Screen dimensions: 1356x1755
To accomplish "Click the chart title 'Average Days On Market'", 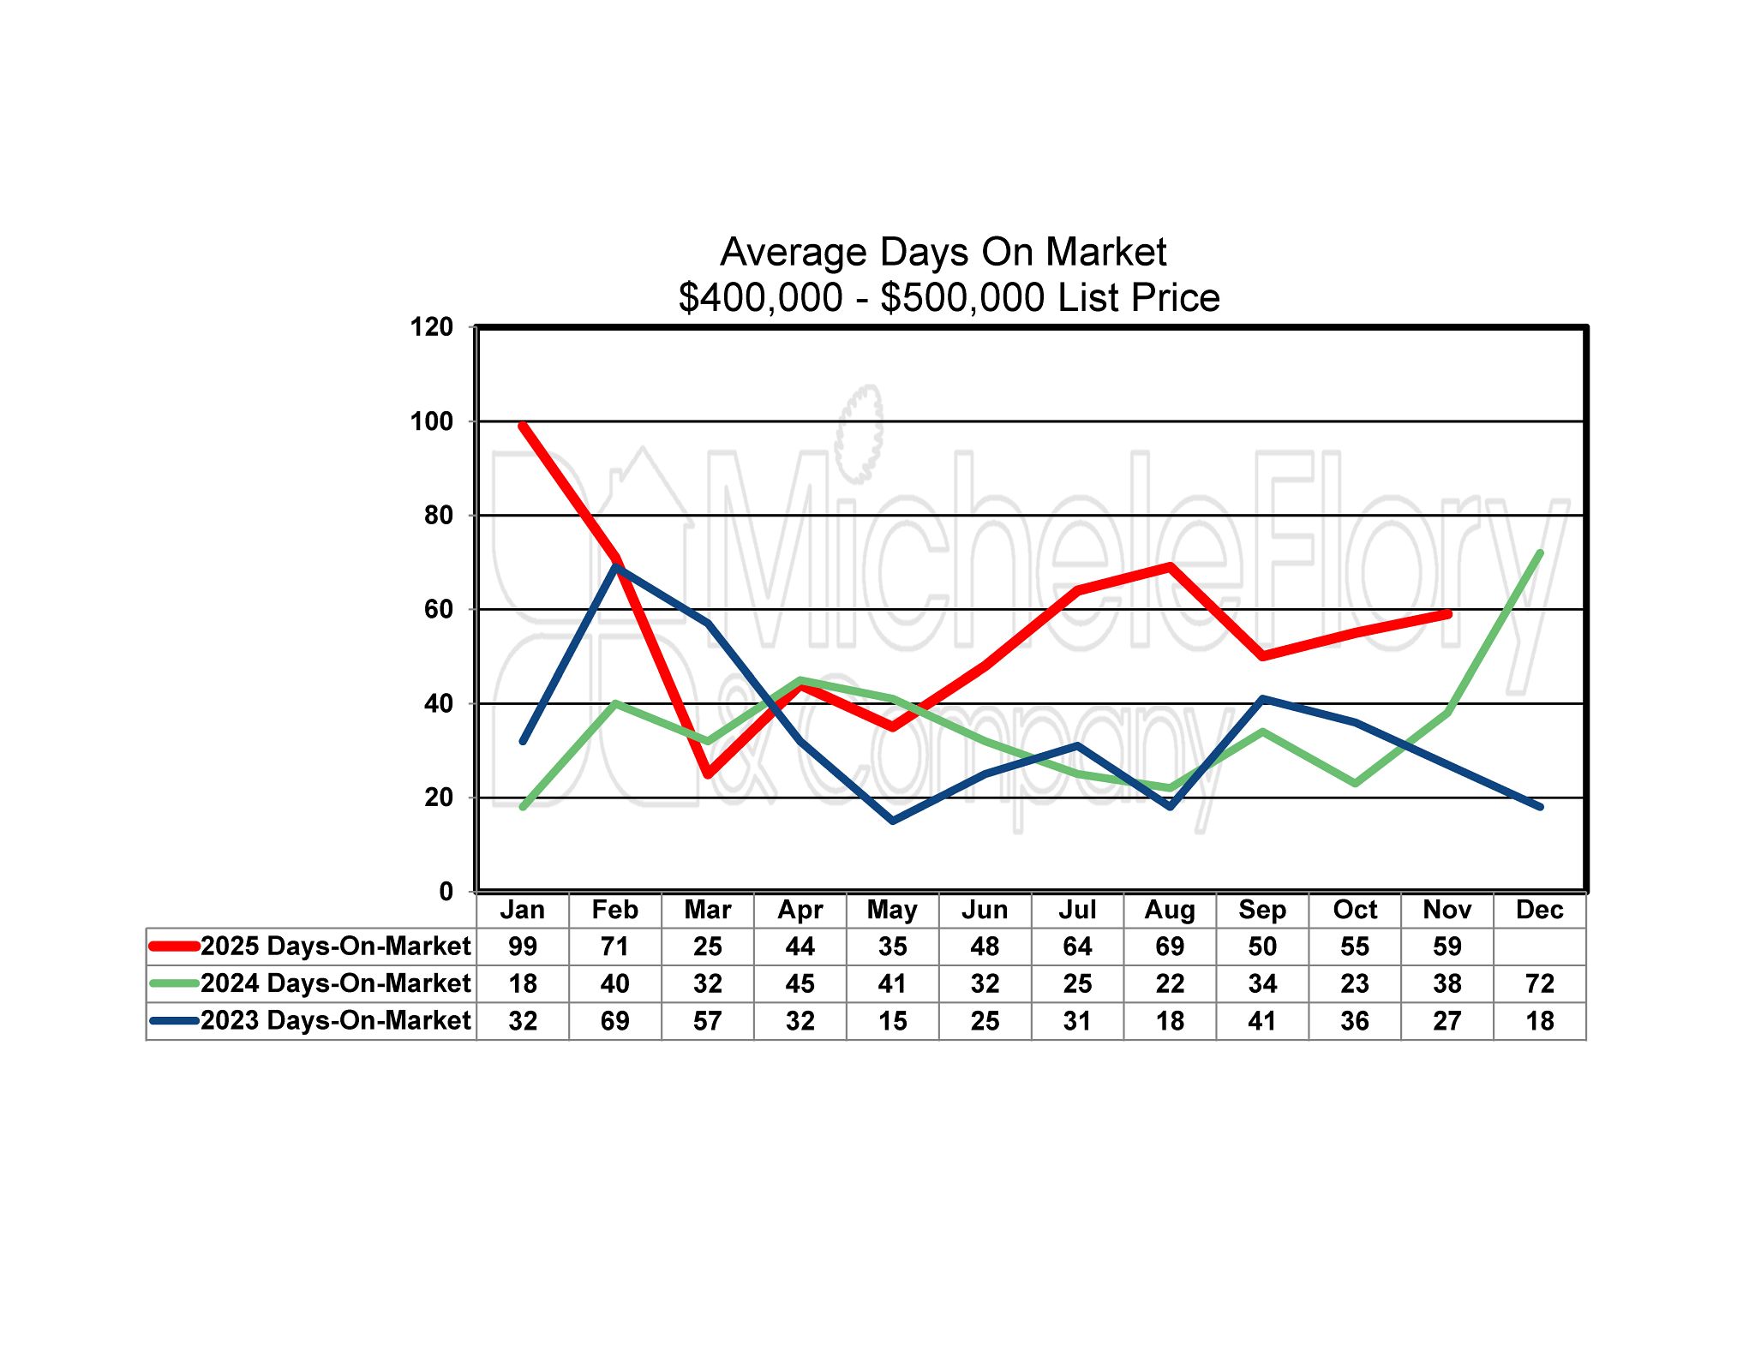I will pyautogui.click(x=943, y=252).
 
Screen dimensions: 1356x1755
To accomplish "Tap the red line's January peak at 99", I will pyautogui.click(x=523, y=426).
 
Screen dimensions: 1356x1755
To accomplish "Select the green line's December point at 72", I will pyautogui.click(x=1540, y=553).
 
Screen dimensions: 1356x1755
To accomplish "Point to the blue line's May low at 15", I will pyautogui.click(x=893, y=821).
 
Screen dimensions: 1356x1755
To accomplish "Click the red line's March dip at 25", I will pyautogui.click(x=708, y=774).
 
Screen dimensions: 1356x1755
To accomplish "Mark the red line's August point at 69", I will pyautogui.click(x=1171, y=566).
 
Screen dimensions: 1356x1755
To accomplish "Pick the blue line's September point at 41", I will pyautogui.click(x=1263, y=699).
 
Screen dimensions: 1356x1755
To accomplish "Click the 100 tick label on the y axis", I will pyautogui.click(x=432, y=421).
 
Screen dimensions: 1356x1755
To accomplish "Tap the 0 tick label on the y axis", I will pyautogui.click(x=446, y=892).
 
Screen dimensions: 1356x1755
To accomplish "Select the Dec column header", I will pyautogui.click(x=1540, y=910).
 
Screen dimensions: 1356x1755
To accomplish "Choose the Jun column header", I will pyautogui.click(x=985, y=910).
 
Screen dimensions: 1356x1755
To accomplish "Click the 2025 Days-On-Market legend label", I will pyautogui.click(x=335, y=947).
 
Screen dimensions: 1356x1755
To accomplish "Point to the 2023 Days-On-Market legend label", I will pyautogui.click(x=335, y=1021).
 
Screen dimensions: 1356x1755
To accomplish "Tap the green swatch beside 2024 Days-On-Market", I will pyautogui.click(x=174, y=983).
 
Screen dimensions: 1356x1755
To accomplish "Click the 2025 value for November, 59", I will pyautogui.click(x=1447, y=947).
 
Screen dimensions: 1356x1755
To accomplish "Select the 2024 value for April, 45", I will pyautogui.click(x=800, y=983).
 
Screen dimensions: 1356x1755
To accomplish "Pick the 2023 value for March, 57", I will pyautogui.click(x=708, y=1021).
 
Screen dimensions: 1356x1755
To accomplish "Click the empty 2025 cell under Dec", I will pyautogui.click(x=1540, y=947).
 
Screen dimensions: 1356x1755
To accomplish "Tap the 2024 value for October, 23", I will pyautogui.click(x=1355, y=983).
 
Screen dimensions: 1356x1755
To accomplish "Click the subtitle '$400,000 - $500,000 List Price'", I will pyautogui.click(x=949, y=298).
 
